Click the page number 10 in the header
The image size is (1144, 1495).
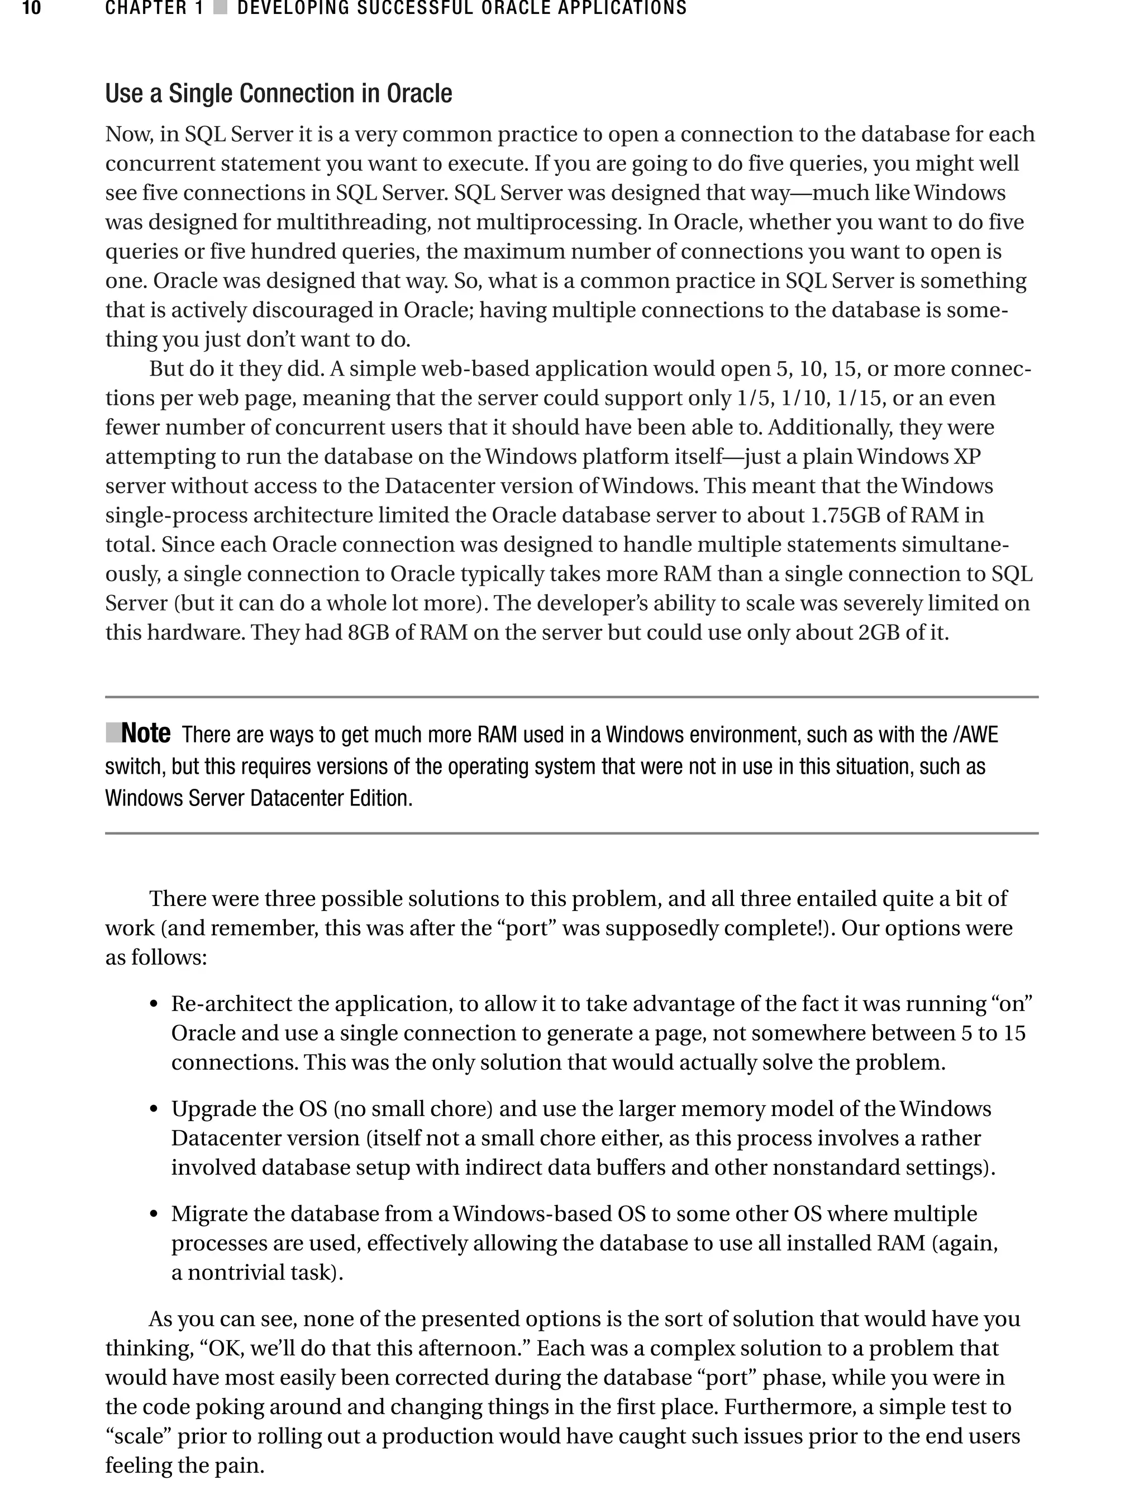[31, 9]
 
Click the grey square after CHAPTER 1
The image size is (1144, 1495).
[220, 9]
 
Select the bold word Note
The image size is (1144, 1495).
[146, 734]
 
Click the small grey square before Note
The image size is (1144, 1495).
[112, 733]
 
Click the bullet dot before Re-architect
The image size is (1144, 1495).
[154, 1005]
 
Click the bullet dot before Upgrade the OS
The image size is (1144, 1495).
[154, 1110]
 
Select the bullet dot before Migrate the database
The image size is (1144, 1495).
[154, 1215]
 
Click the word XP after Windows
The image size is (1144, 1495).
[967, 457]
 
